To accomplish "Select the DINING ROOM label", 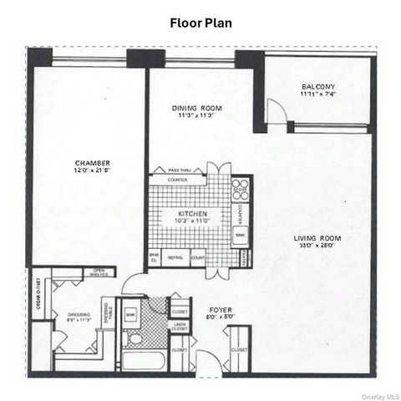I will click(196, 108).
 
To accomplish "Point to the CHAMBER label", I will click(92, 163).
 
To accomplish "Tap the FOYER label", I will click(221, 309).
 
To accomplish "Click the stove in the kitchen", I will click(240, 186).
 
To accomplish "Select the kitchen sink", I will click(240, 236).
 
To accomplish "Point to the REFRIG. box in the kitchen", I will click(175, 259).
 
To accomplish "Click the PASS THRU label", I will click(180, 170).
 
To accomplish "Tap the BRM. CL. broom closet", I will click(154, 257).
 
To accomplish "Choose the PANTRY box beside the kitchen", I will click(243, 259).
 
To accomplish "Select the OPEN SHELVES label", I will click(99, 272).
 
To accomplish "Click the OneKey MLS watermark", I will click(380, 395).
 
